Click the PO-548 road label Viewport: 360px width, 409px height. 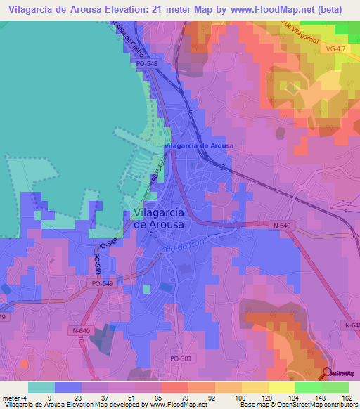148,64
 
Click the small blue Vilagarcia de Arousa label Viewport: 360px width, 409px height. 199,145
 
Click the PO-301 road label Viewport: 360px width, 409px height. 181,358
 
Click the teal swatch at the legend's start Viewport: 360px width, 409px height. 41,387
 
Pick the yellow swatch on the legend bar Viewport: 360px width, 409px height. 282,387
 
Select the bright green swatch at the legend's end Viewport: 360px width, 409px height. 335,387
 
